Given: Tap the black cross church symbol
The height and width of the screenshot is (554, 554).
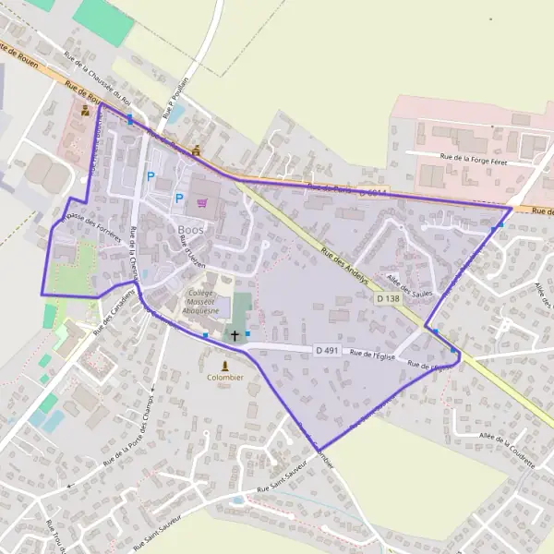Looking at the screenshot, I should click(235, 336).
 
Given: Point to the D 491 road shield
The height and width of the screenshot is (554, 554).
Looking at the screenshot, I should click(327, 350).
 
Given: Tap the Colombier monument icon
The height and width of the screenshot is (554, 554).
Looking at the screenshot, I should click(224, 367).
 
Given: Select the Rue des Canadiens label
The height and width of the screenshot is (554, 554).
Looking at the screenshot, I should click(115, 315).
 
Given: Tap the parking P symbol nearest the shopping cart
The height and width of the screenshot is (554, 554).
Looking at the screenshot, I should click(179, 197).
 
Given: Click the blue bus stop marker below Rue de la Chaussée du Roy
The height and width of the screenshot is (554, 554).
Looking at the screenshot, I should click(130, 119).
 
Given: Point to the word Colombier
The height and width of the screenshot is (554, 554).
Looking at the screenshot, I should click(224, 378).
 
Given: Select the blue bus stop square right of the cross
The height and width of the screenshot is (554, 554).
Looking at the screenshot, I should click(247, 333).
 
